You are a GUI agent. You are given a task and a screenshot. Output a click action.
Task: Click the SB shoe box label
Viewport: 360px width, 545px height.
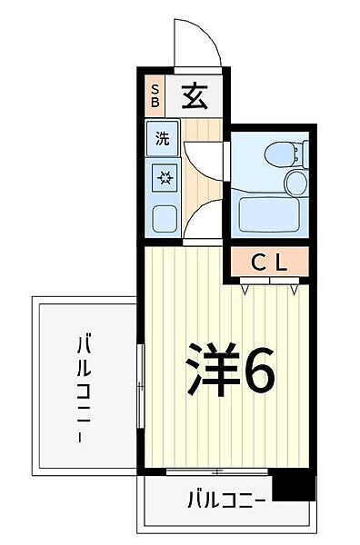(155, 95)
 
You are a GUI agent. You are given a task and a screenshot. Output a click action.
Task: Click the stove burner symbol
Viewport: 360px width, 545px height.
(164, 177)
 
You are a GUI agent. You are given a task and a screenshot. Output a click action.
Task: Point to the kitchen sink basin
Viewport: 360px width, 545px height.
(164, 218)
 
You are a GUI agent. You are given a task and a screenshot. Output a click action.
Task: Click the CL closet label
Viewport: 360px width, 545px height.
(269, 263)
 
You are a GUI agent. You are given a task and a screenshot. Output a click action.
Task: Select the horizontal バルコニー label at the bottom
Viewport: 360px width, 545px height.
(226, 500)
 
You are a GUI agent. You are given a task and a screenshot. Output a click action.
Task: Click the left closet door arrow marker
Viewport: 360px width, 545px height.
(247, 288)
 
